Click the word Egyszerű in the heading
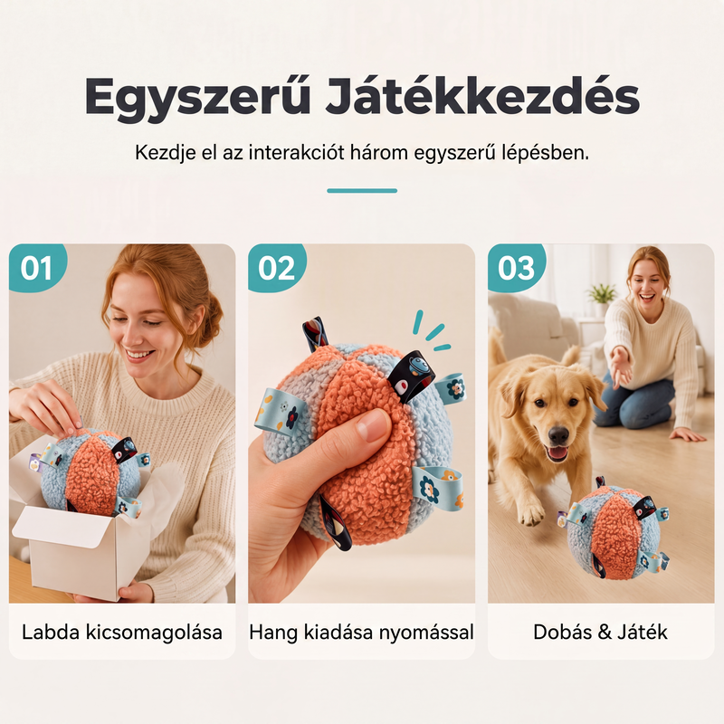pyautogui.click(x=197, y=98)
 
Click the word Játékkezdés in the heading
pyautogui.click(x=483, y=96)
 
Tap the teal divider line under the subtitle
pyautogui.click(x=362, y=191)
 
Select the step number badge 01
pyautogui.click(x=37, y=267)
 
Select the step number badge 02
pyautogui.click(x=276, y=267)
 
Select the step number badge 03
pyautogui.click(x=516, y=267)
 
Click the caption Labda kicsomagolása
pyautogui.click(x=122, y=632)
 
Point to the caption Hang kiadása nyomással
pyautogui.click(x=361, y=632)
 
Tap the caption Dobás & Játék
pyautogui.click(x=600, y=632)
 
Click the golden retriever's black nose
pyautogui.click(x=558, y=435)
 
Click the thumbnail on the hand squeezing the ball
pyautogui.click(x=373, y=425)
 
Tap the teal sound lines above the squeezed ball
pyautogui.click(x=432, y=330)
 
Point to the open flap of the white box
pyautogui.click(x=61, y=527)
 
